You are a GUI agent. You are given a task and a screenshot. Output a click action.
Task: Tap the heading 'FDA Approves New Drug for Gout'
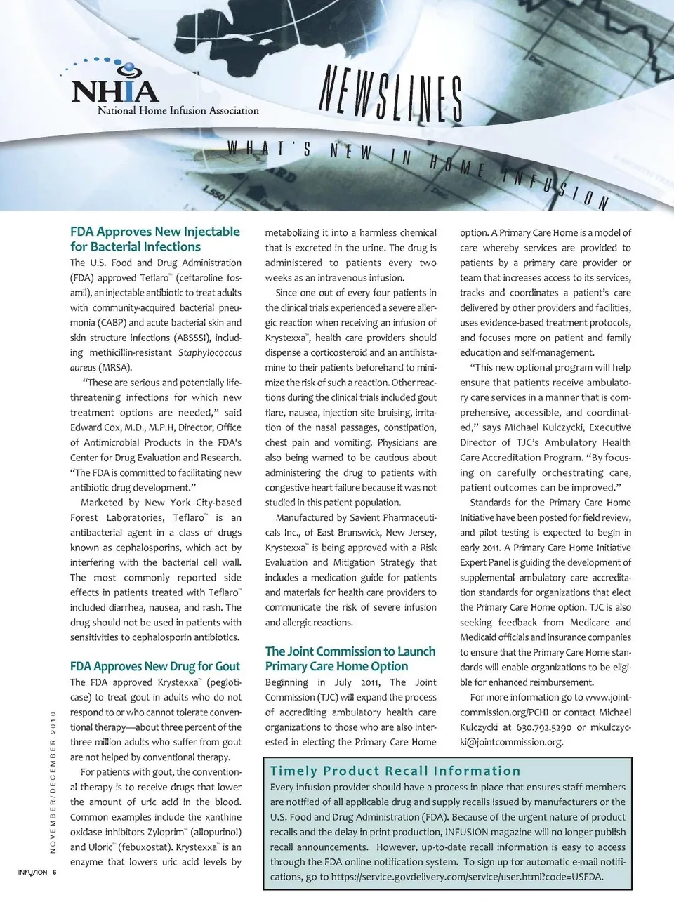154,666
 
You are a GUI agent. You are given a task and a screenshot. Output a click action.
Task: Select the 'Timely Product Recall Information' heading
395,771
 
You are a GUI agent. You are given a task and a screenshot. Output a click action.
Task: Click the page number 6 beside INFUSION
54,873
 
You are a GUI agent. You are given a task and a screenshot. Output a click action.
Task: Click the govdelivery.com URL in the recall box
467,877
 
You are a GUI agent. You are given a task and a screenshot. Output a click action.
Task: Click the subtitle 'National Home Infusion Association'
178,110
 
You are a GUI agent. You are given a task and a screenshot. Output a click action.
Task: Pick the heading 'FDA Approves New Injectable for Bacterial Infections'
154,239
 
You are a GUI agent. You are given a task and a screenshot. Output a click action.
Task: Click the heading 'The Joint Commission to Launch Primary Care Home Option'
350,659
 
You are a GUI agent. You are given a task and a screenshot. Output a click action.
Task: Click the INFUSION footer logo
32,873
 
